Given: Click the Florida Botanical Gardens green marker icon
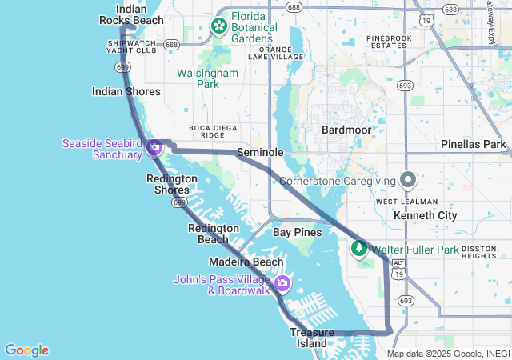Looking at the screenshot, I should coord(218,27).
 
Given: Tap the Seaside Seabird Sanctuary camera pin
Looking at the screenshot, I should coord(155,148).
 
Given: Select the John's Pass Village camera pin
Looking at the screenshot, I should coord(282,284).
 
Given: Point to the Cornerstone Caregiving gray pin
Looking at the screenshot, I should coord(408,180).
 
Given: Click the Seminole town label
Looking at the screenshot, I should coord(261,152).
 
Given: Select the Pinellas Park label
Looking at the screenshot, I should coord(474,145).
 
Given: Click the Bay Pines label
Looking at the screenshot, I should coord(297,232).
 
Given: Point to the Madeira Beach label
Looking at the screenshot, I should coord(246,262).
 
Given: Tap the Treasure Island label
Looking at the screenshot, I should coord(309,338).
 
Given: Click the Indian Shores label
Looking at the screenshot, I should coord(126,91).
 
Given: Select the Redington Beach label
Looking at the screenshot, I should coord(213,234).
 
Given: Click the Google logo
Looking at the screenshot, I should coord(26,350).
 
